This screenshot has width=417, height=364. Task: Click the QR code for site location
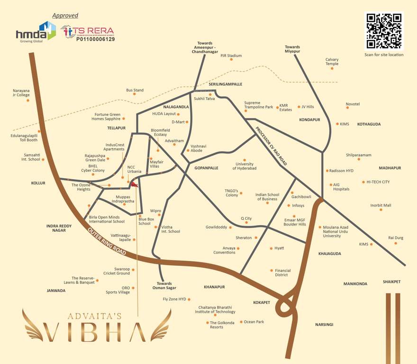(x=384, y=31)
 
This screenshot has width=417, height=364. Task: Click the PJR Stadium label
(x=231, y=55)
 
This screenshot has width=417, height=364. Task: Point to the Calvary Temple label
(x=332, y=62)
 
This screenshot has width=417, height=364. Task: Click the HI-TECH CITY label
(x=378, y=182)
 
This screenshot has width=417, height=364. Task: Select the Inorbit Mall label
(x=381, y=205)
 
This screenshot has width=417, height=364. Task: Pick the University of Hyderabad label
(x=245, y=166)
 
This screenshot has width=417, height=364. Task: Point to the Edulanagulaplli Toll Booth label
(x=24, y=137)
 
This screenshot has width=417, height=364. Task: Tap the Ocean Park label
(x=254, y=322)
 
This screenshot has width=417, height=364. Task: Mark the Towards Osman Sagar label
(x=164, y=285)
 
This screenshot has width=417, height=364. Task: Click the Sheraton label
(x=244, y=237)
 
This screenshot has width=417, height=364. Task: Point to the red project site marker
(x=135, y=184)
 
